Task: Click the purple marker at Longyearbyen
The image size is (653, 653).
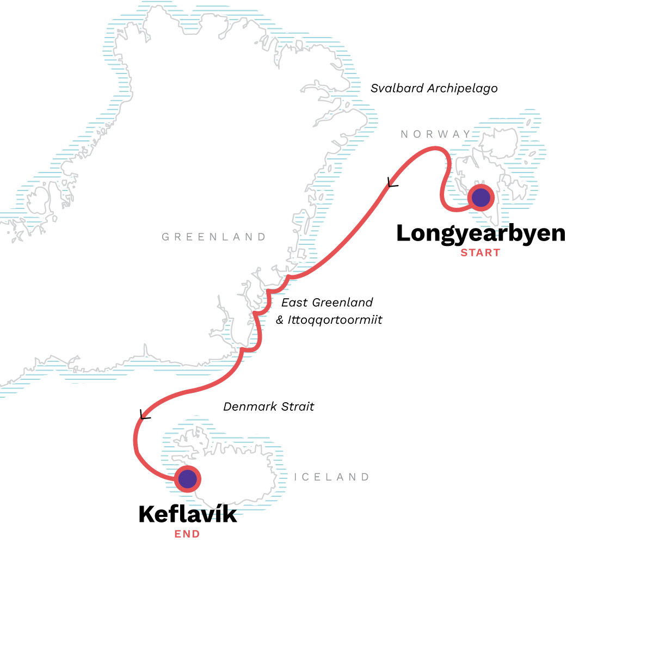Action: click(x=481, y=198)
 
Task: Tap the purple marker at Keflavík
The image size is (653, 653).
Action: click(x=187, y=479)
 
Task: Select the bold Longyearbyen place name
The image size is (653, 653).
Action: click(x=480, y=233)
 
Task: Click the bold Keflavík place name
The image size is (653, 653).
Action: click(x=188, y=514)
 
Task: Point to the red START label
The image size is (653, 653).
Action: click(x=480, y=252)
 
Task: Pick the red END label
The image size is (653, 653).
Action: click(x=187, y=534)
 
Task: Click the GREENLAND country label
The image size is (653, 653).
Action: click(x=214, y=237)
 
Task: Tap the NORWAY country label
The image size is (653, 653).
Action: click(x=436, y=134)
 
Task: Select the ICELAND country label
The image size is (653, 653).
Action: click(x=331, y=477)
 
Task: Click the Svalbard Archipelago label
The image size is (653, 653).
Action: click(x=434, y=88)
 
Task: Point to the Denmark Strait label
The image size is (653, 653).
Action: click(x=268, y=406)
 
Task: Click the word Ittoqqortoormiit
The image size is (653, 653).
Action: click(x=335, y=320)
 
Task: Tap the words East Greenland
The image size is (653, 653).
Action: click(x=327, y=303)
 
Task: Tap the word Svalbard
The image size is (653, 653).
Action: click(x=397, y=88)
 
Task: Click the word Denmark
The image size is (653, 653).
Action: click(x=251, y=406)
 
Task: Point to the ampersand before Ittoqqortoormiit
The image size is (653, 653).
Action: click(x=280, y=320)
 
